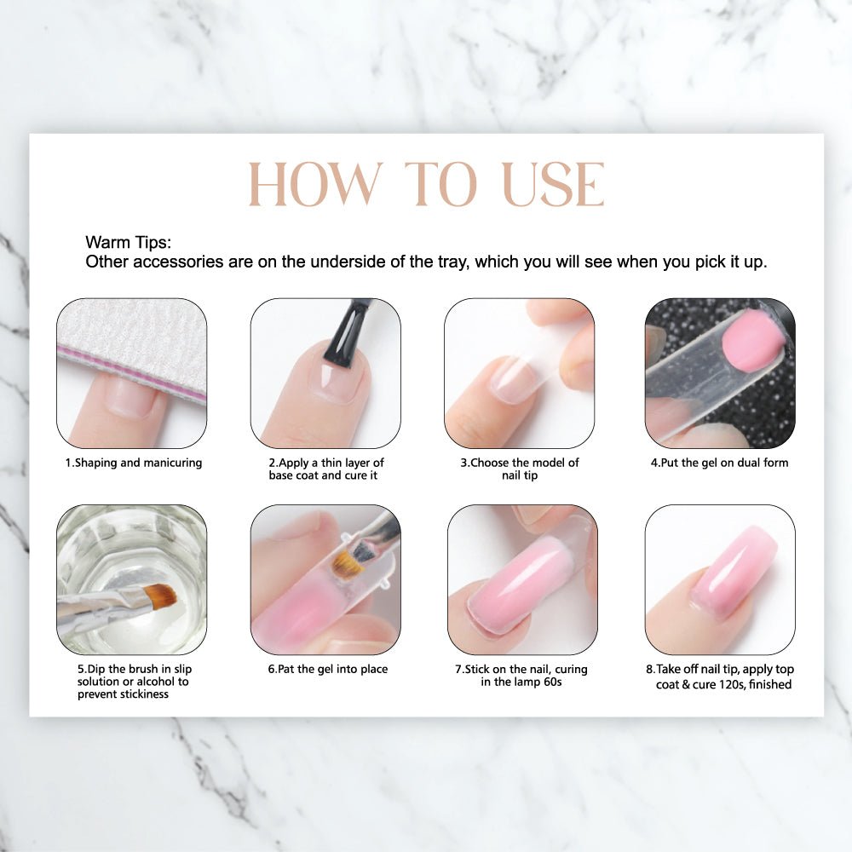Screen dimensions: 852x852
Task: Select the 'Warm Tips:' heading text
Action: pyautogui.click(x=129, y=243)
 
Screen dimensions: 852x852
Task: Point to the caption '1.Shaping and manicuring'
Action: pyautogui.click(x=134, y=463)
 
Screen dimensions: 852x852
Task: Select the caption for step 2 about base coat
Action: pyautogui.click(x=325, y=469)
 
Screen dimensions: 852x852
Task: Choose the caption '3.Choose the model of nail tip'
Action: pyautogui.click(x=519, y=469)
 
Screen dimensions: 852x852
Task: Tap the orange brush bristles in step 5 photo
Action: pyautogui.click(x=159, y=596)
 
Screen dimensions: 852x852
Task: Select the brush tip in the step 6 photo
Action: pyautogui.click(x=345, y=562)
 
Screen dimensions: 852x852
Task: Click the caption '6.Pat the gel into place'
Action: pyautogui.click(x=327, y=669)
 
